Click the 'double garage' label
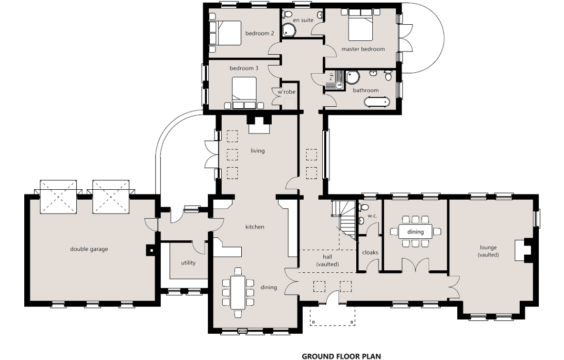tap(89, 249)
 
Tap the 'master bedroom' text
tap(363, 49)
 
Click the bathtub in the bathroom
tap(377, 102)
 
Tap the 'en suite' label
tap(303, 20)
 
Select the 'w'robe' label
tap(286, 92)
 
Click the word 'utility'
tap(188, 263)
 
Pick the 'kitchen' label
tap(255, 227)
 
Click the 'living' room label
tap(258, 151)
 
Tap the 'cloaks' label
tap(370, 252)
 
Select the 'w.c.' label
tap(372, 216)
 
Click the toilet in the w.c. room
tap(362, 207)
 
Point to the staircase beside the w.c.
tap(344, 220)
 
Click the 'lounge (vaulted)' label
tap(488, 251)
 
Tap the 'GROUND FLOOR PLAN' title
tap(341, 356)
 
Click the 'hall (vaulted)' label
tap(327, 260)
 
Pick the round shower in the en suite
tap(289, 30)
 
